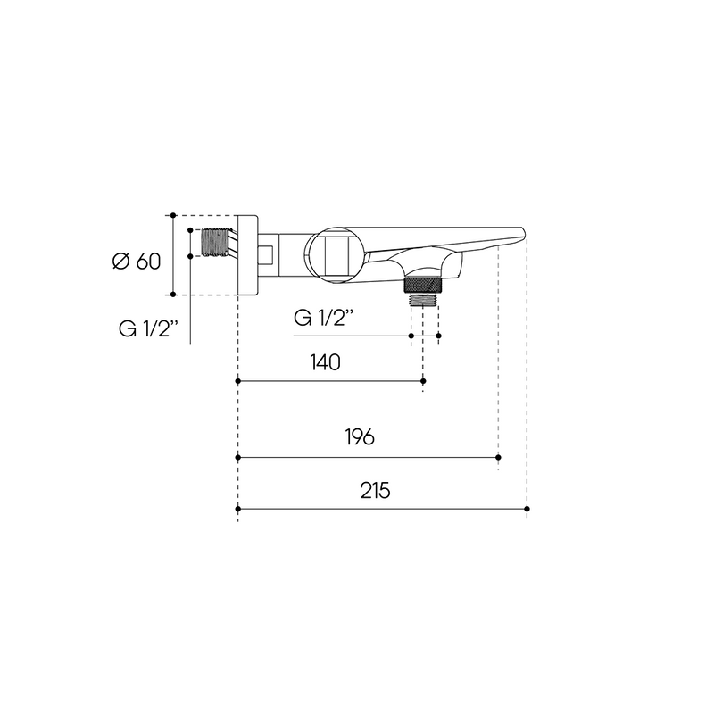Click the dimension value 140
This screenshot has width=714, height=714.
325,363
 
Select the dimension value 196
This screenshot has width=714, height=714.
360,437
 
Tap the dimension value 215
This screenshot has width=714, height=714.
375,491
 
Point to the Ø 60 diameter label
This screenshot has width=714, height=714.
137,262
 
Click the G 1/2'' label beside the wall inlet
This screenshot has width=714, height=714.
148,328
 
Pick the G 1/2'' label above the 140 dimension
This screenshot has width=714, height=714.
323,318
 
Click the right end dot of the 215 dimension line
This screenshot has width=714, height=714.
527,509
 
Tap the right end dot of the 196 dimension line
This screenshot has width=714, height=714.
498,457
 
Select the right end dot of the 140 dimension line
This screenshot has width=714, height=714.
423,381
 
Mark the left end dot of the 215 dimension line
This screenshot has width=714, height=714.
237,509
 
